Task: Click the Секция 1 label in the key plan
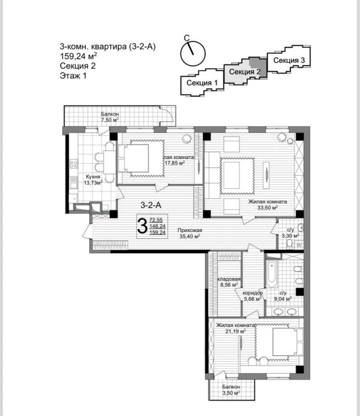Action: point(202,83)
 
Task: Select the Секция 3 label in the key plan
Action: point(289,60)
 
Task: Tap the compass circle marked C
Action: point(193,54)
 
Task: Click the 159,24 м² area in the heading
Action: point(78,56)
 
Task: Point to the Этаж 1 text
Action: point(73,76)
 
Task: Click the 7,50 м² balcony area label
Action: point(110,120)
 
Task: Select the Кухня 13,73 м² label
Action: point(93,179)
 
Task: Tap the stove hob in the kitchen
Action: point(73,164)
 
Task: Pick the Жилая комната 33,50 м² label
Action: point(268,204)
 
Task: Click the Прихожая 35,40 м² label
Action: point(190,233)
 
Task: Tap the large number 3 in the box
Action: point(142,226)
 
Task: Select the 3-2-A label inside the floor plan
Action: point(151,205)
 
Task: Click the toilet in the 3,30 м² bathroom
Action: point(289,244)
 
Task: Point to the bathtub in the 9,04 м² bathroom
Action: point(272,274)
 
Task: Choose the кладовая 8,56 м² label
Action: point(229,282)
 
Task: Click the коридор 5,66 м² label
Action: point(252,296)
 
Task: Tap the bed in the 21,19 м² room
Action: point(288,342)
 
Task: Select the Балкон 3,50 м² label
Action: point(231,389)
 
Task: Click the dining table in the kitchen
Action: point(110,162)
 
